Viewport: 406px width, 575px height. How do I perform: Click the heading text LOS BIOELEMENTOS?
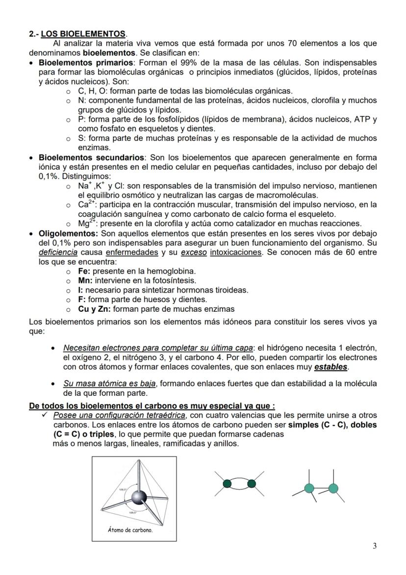point(83,34)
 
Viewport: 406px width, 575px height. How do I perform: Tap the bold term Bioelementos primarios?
point(86,62)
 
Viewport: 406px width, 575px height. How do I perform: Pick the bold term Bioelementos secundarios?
point(92,158)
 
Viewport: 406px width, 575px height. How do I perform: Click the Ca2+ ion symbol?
point(85,204)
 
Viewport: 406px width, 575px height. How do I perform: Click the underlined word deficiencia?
point(58,252)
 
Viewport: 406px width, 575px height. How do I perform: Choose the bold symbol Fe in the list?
point(84,271)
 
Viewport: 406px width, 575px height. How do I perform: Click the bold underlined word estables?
point(330,367)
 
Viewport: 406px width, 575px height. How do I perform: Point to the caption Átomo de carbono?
point(130,530)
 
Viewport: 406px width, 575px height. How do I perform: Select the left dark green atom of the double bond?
point(227,484)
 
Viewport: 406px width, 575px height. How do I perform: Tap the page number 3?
point(375,546)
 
